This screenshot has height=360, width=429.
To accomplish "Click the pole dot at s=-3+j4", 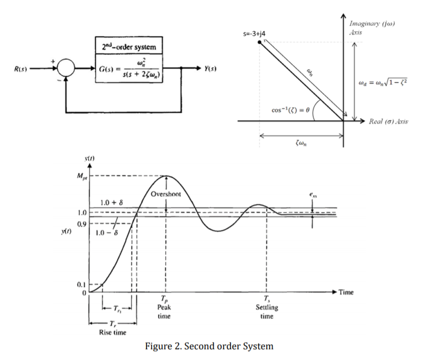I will (x=259, y=43).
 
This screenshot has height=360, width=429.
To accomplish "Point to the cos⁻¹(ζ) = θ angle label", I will (x=290, y=109).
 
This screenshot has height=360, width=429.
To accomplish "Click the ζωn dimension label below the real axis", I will (x=301, y=144).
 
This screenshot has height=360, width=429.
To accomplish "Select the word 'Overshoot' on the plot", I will (x=166, y=194).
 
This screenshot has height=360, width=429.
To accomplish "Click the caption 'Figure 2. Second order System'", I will (x=214, y=346).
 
